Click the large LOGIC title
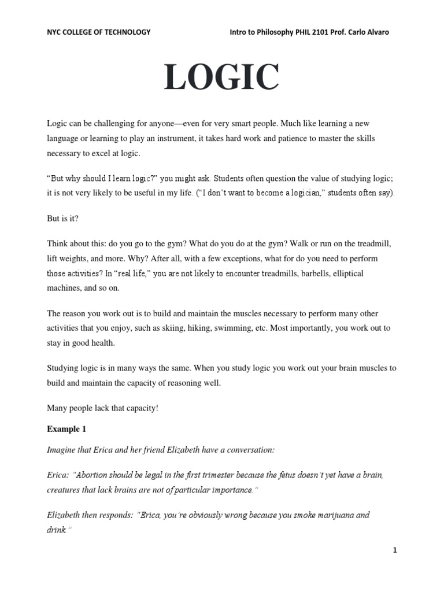coord(222,78)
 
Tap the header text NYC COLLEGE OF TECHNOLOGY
coord(98,32)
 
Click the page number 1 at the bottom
coord(395,550)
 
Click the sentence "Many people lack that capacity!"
coord(102,408)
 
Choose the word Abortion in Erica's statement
coord(94,475)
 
